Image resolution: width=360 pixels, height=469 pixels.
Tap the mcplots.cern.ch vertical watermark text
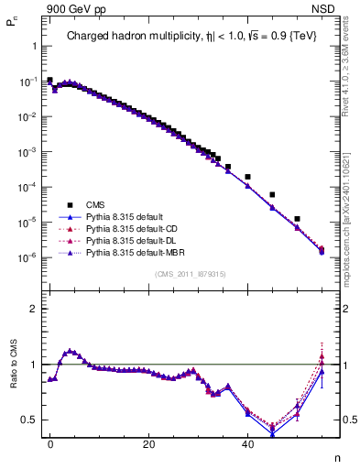pyautogui.click(x=352, y=211)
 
